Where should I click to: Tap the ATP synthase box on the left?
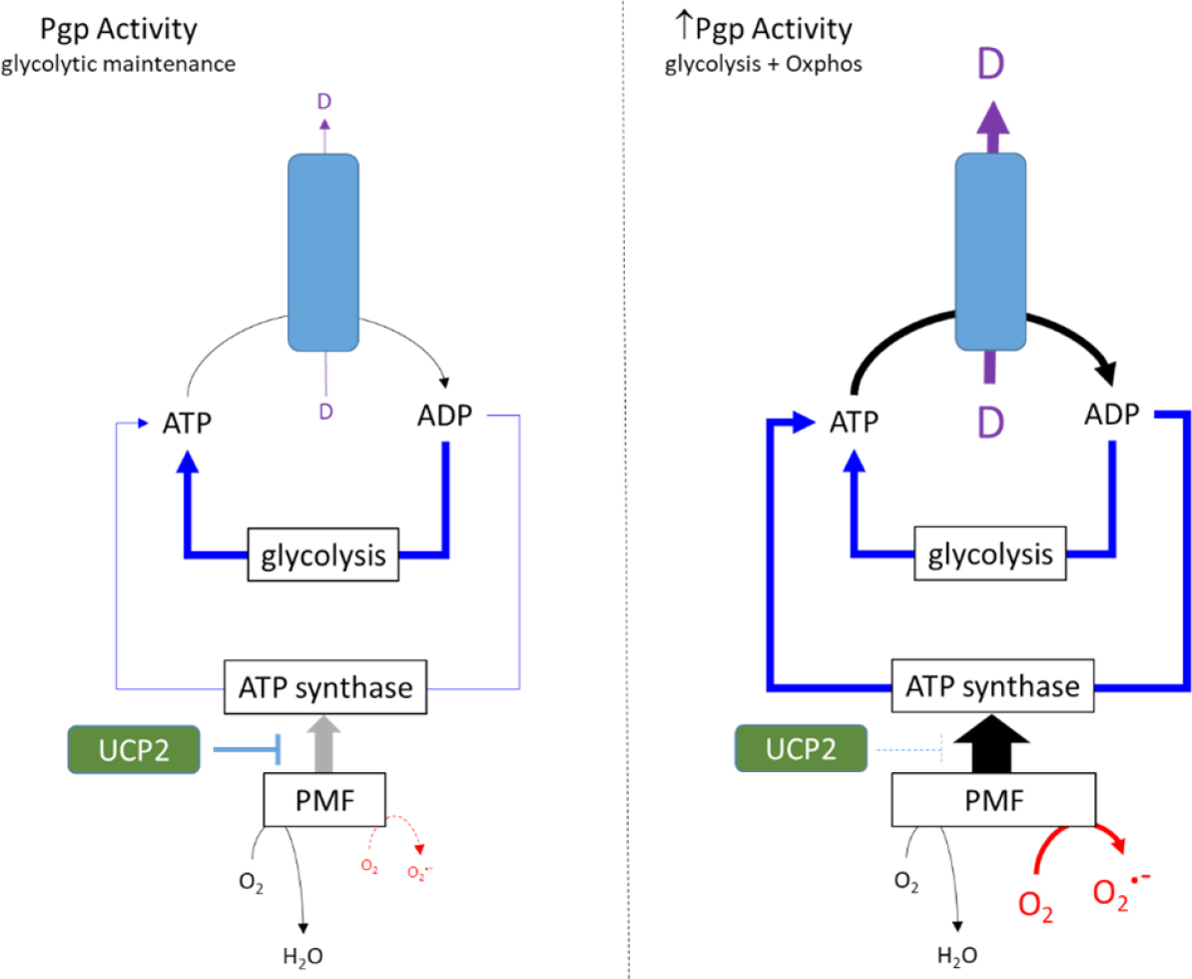pos(323,686)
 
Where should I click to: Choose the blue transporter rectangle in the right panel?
pos(990,252)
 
